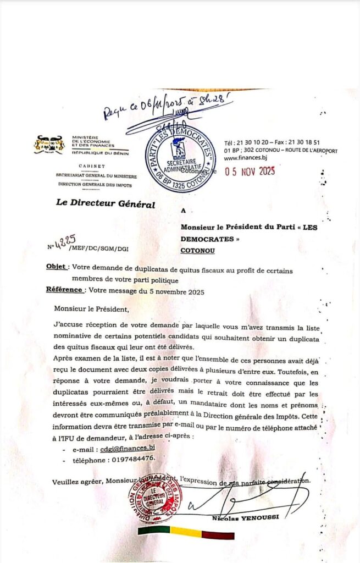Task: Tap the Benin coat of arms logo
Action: point(49,145)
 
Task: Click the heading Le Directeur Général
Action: point(106,204)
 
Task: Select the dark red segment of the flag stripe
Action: point(218,533)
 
